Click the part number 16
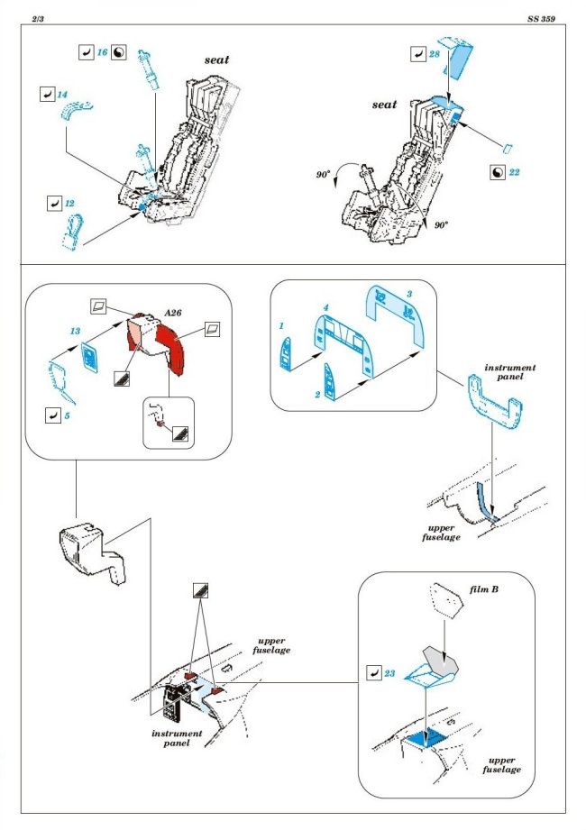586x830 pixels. [x=102, y=54]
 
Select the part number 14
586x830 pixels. [x=62, y=94]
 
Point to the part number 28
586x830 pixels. [x=435, y=55]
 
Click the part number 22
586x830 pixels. [x=514, y=171]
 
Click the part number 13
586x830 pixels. [x=75, y=331]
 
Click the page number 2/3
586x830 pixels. [x=37, y=19]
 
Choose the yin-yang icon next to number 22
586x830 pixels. [x=497, y=171]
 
